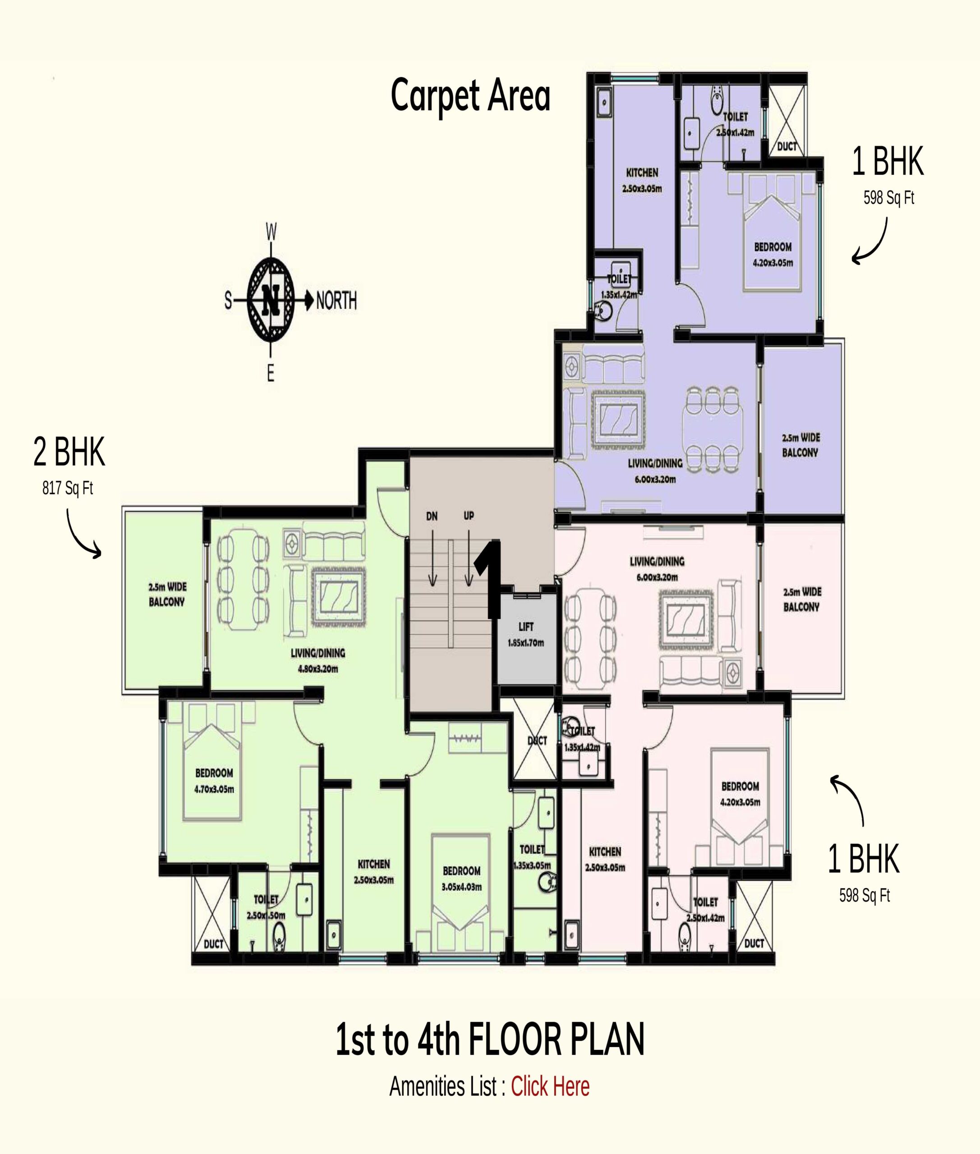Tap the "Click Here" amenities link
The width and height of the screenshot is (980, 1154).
click(550, 1087)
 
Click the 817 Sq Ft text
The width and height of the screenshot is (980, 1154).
click(68, 488)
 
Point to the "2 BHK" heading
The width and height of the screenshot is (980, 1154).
click(69, 452)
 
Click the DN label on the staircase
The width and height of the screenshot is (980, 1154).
click(432, 516)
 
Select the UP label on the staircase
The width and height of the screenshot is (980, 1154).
click(469, 515)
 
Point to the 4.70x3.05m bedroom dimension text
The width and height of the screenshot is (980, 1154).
click(214, 789)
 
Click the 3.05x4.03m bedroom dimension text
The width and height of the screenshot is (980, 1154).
click(462, 887)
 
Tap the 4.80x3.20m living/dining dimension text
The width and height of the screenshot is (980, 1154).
click(318, 669)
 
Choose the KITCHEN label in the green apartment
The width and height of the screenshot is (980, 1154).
click(374, 864)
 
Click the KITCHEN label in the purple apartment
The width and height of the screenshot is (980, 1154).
click(642, 173)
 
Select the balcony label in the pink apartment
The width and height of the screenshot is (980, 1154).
click(801, 599)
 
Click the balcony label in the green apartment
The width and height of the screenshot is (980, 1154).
click(167, 594)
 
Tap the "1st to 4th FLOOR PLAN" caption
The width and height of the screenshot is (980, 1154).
click(490, 1040)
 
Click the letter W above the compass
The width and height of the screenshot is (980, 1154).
click(271, 232)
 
